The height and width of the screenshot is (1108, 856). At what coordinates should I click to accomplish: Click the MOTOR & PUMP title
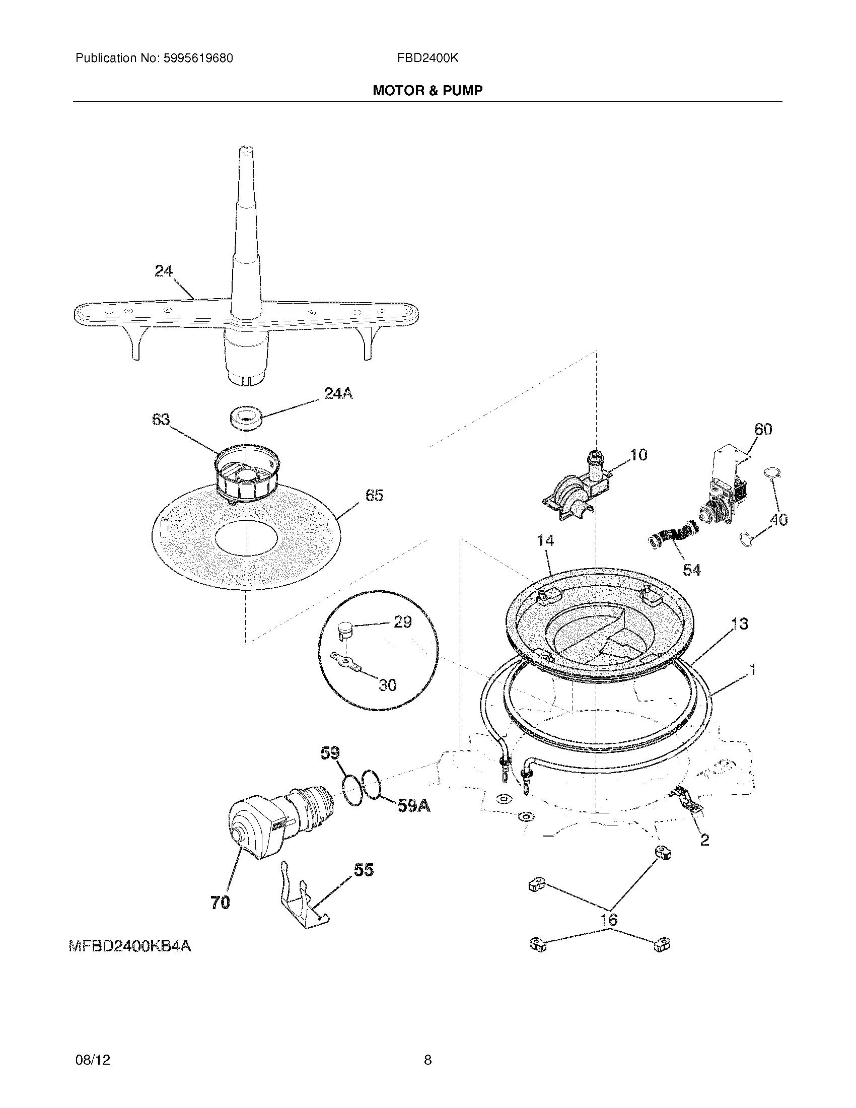(x=427, y=91)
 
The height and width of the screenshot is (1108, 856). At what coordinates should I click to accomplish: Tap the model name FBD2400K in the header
(x=427, y=58)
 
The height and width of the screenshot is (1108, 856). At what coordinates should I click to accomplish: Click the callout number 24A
(x=338, y=393)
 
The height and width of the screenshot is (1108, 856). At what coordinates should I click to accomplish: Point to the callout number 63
(x=161, y=420)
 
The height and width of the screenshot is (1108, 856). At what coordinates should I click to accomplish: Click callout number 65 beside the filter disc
(x=374, y=495)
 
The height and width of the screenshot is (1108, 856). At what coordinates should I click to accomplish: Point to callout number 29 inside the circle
(x=402, y=622)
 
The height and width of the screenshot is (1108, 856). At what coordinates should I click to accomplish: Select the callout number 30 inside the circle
(x=387, y=685)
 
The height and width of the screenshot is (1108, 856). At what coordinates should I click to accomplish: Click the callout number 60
(x=763, y=430)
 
